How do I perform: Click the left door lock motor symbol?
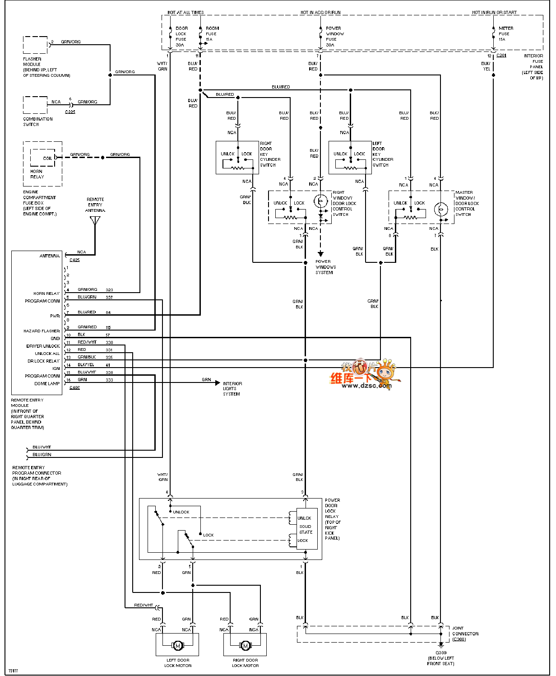tap(177, 646)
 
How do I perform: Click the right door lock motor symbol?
tap(245, 646)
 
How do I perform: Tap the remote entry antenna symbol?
tap(95, 221)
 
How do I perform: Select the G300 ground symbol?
tap(441, 646)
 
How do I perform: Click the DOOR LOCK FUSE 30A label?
tap(181, 37)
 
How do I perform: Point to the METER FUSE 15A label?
tap(505, 34)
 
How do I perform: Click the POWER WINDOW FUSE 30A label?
tap(334, 37)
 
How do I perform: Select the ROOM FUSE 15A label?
tap(212, 34)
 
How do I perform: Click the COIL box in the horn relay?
tap(47, 159)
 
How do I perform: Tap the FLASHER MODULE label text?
tap(32, 62)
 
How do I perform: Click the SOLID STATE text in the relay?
tap(306, 529)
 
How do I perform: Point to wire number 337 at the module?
tap(109, 298)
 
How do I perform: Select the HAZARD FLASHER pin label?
tap(42, 331)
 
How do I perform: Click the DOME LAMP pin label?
tap(47, 383)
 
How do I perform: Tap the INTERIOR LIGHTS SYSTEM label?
tap(232, 389)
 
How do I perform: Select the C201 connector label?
tap(501, 56)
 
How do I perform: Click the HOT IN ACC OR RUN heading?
tap(320, 13)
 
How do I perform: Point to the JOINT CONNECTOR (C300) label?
tap(465, 634)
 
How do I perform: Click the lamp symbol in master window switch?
tap(440, 210)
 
